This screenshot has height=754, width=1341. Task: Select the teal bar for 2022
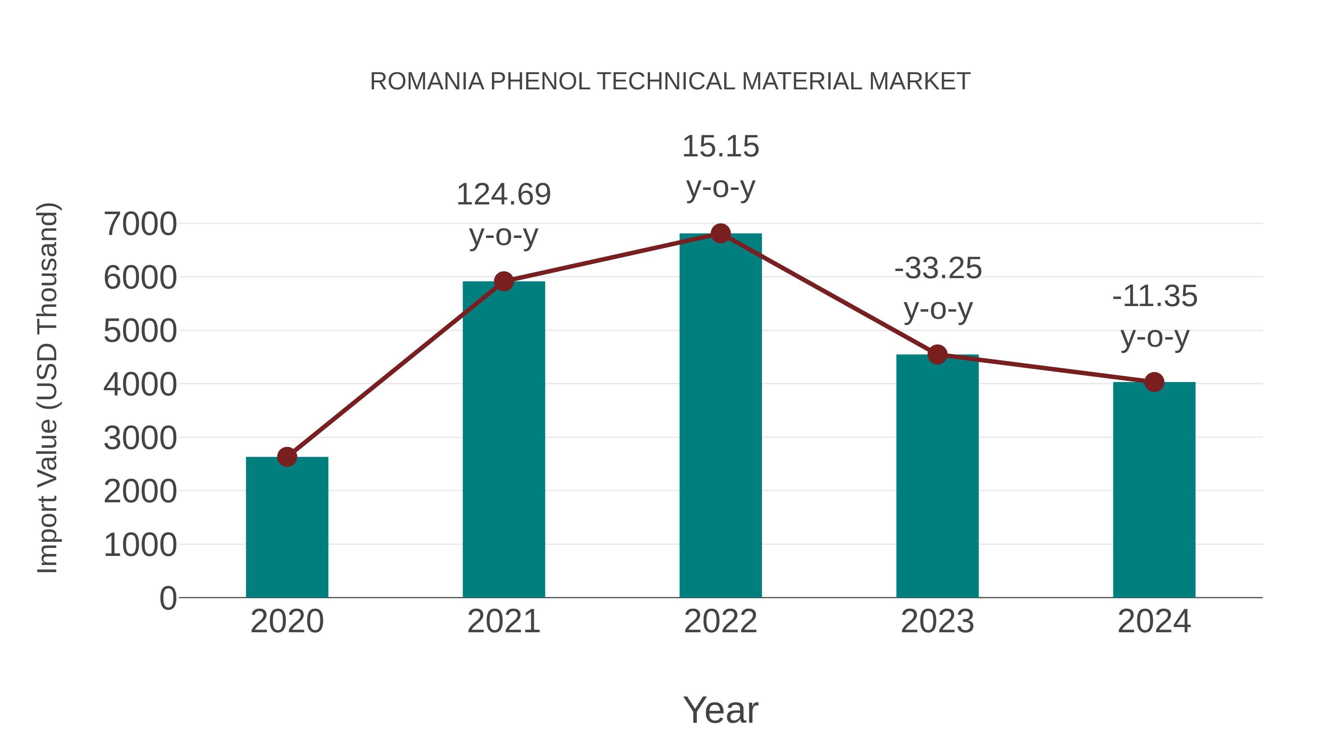pos(720,416)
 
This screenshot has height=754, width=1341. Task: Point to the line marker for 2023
pos(937,355)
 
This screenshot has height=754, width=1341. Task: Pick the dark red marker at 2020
pos(287,457)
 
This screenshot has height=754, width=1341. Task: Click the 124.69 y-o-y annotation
pos(503,195)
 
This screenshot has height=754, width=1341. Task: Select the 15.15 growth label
pos(720,146)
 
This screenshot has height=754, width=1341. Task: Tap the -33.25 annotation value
pos(938,268)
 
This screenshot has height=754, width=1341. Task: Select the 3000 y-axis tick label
pos(140,438)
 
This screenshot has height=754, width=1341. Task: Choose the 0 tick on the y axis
pos(168,598)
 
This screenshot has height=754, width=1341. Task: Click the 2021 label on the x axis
pos(503,621)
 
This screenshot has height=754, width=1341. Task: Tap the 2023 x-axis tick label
pos(937,621)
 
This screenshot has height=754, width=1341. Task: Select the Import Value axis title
pos(47,388)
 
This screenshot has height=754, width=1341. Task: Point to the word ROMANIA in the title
pos(427,82)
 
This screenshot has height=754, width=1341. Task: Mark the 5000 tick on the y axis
pos(140,331)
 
